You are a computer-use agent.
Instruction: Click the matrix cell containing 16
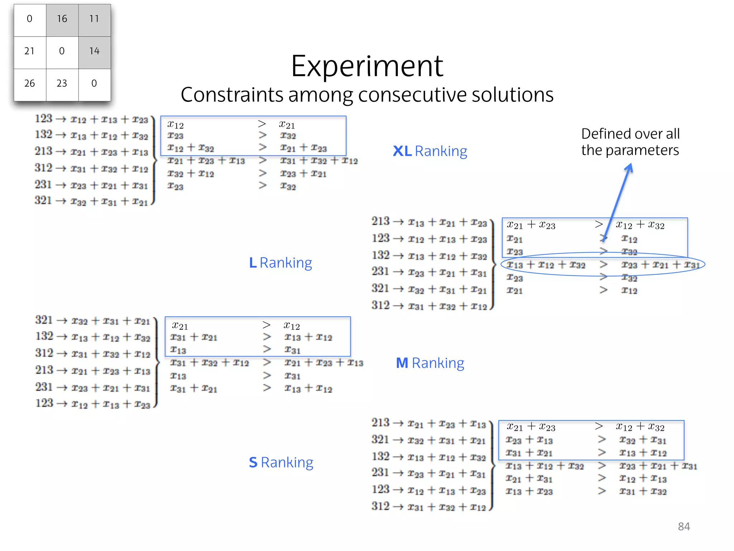point(62,19)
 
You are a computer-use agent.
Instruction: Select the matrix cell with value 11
point(94,19)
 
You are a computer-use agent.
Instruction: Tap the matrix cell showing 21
point(29,51)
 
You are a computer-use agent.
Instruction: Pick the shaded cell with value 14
point(94,51)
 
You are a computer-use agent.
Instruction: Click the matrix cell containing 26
point(29,84)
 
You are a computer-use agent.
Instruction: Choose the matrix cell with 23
point(62,84)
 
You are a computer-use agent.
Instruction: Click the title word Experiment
point(367,66)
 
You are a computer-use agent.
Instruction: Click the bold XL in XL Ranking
point(402,151)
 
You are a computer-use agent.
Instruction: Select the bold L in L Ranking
point(253,263)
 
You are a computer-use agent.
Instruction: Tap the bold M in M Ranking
point(402,363)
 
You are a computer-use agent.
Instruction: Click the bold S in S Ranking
point(253,462)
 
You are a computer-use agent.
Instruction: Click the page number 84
point(684,526)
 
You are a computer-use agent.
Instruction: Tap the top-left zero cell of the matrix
point(29,19)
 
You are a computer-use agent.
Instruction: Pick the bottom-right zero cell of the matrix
point(94,84)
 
